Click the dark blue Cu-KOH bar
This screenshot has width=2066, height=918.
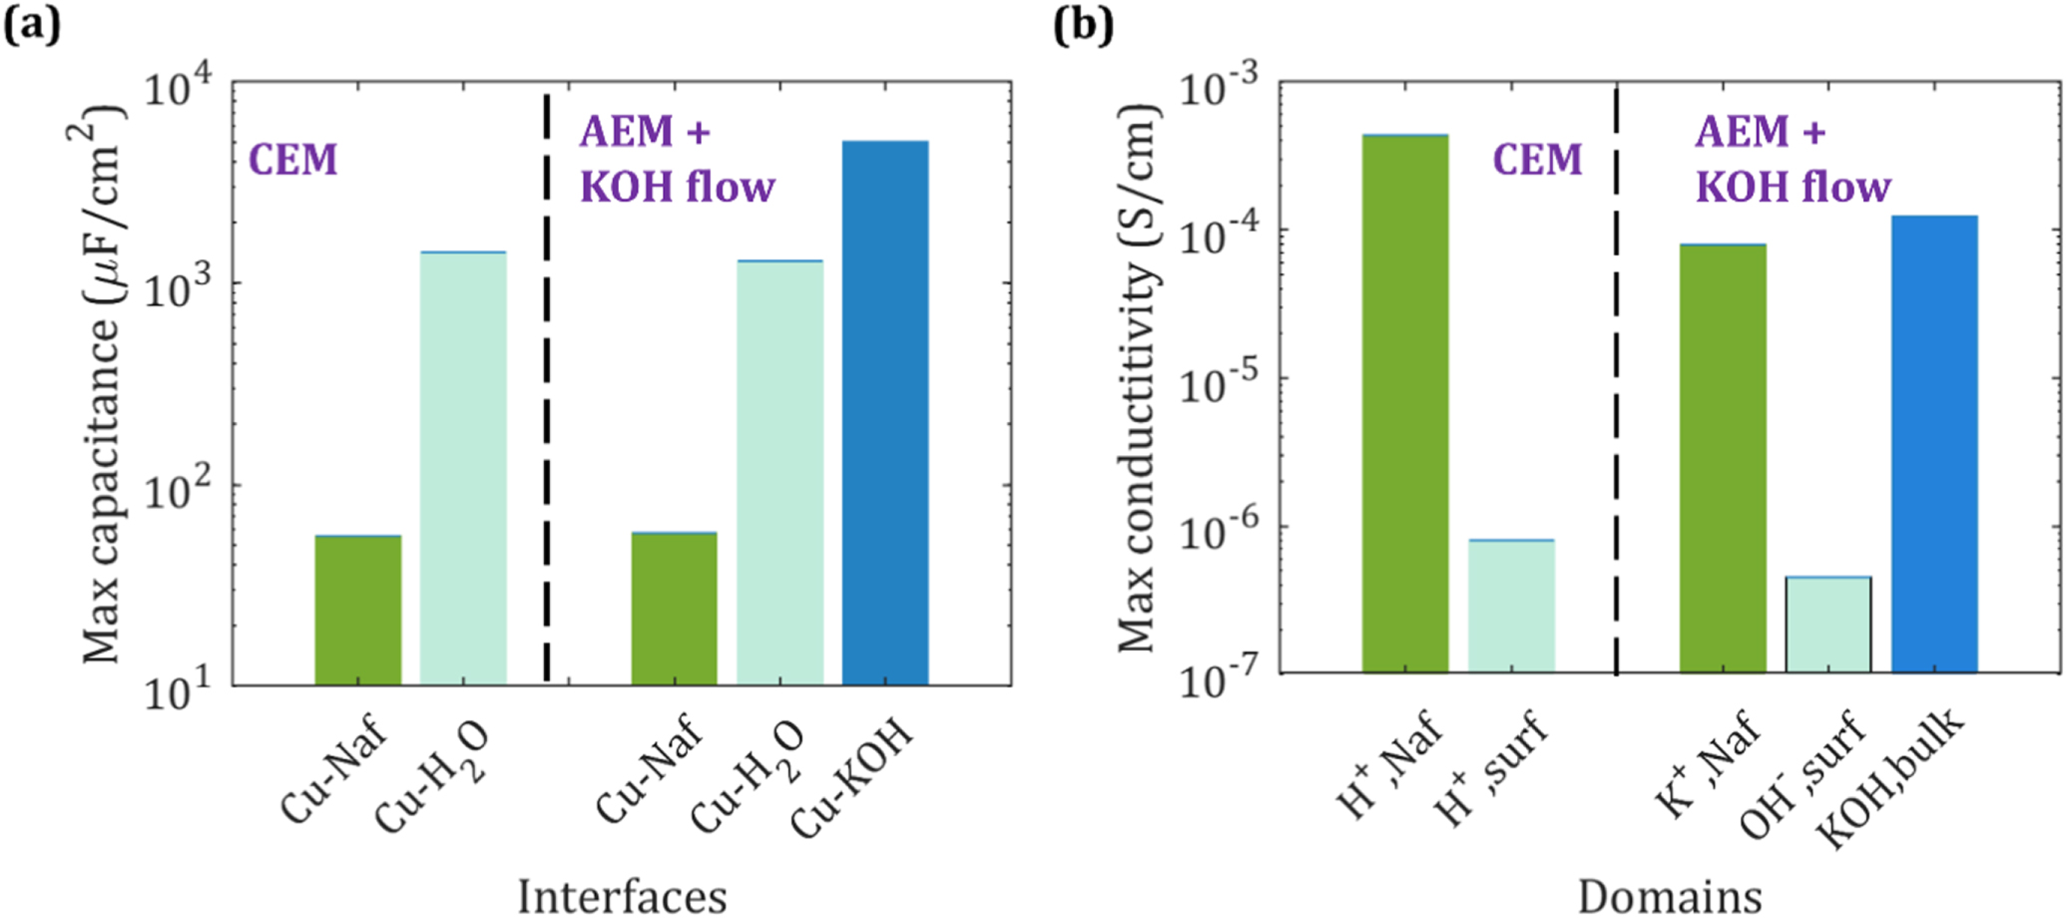[884, 414]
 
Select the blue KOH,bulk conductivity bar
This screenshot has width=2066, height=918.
[1933, 444]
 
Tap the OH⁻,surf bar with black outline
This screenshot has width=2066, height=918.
[1827, 625]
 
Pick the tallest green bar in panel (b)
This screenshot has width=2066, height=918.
[1404, 404]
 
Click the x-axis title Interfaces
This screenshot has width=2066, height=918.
[621, 895]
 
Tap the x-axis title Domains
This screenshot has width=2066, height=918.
[1669, 895]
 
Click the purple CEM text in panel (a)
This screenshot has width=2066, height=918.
[292, 160]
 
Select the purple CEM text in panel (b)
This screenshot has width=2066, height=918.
[1537, 160]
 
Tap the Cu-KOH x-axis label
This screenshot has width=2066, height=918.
[851, 778]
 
